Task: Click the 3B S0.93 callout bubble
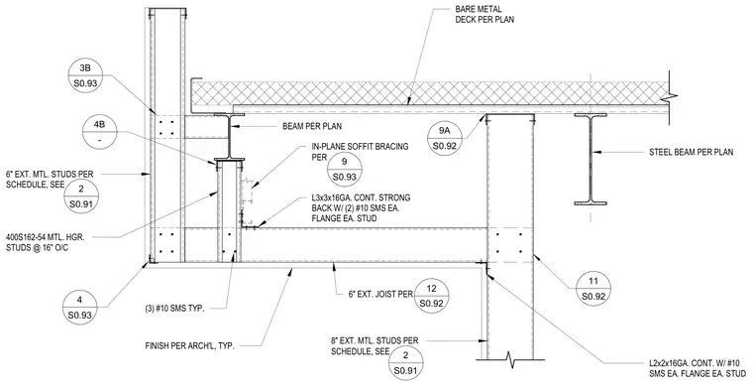click(x=85, y=75)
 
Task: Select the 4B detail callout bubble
click(x=100, y=133)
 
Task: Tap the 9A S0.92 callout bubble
click(x=445, y=138)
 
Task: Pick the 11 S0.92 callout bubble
click(x=593, y=289)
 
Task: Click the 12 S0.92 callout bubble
click(x=432, y=296)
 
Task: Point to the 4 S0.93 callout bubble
click(x=79, y=308)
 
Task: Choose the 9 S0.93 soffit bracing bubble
click(x=345, y=169)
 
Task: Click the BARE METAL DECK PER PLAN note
click(x=484, y=15)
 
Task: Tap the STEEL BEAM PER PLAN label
click(x=691, y=153)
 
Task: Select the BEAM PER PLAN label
click(x=312, y=126)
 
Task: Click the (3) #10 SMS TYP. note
click(x=174, y=309)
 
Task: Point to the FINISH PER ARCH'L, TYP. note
click(x=189, y=346)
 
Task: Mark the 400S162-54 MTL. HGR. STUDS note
click(x=46, y=243)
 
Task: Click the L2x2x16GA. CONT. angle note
click(x=694, y=368)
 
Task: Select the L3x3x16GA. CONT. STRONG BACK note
click(x=361, y=208)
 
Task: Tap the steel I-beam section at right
click(x=591, y=159)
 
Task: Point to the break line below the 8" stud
click(x=510, y=358)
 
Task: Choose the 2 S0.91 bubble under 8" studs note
click(x=406, y=363)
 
